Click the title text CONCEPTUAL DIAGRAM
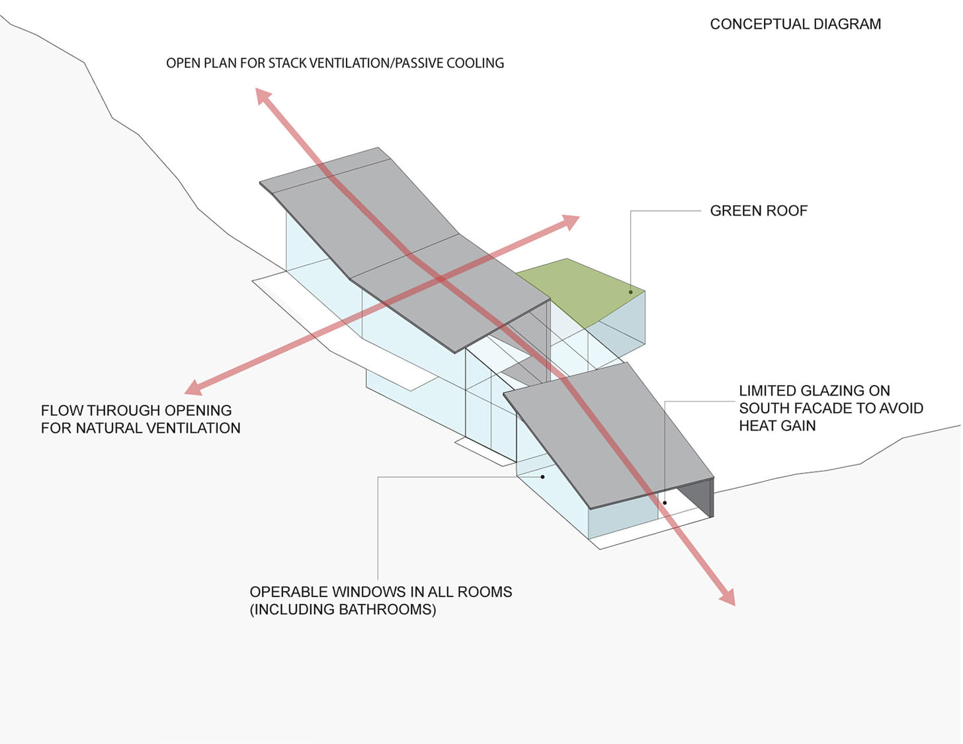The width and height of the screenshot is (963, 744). coord(795,24)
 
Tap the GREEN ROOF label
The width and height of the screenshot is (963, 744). coord(759,210)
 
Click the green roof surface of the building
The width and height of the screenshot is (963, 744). coord(581,290)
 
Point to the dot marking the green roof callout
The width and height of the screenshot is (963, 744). coord(630,292)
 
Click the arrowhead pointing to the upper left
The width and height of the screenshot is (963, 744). coord(263,95)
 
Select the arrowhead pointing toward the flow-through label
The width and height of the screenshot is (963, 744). coord(193,388)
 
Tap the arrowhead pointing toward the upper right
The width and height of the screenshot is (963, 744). coord(571,222)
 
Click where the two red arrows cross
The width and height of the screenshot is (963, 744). coord(439,279)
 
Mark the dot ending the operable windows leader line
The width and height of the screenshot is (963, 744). coord(542,477)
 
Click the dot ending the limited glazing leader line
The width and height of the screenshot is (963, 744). coord(665,503)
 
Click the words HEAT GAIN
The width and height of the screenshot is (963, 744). coord(777,426)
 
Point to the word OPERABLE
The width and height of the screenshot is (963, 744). coord(289,592)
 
